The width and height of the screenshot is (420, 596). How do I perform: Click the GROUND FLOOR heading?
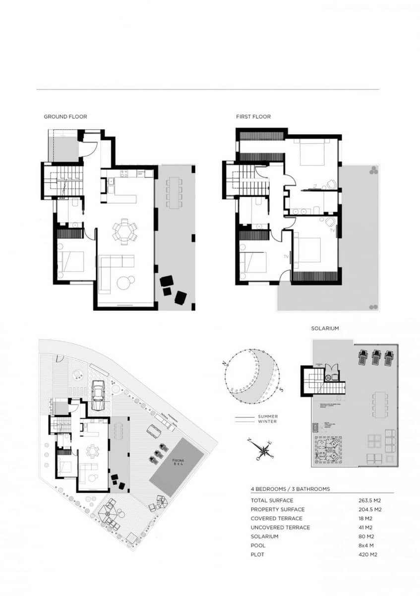pos(65,117)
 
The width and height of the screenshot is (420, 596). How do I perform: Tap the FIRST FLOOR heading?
pos(253,117)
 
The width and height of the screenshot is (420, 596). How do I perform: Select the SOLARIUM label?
pos(325,329)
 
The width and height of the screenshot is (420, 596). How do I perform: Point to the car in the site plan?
pos(99,395)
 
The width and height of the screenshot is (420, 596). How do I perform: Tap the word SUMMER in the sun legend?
pos(268,417)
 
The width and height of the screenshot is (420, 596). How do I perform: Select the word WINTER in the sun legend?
pos(267,422)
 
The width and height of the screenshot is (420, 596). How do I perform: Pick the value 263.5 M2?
pos(369,501)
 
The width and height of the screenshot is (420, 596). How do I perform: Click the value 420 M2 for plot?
pos(369,554)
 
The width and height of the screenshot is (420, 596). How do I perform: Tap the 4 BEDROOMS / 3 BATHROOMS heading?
pos(290,489)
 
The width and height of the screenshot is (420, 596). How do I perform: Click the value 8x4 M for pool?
pos(367,545)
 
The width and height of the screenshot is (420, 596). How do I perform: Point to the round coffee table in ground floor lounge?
pos(123,283)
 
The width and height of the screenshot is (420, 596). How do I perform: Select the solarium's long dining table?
pos(380,404)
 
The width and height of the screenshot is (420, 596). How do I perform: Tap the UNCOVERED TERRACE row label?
pos(280,527)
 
